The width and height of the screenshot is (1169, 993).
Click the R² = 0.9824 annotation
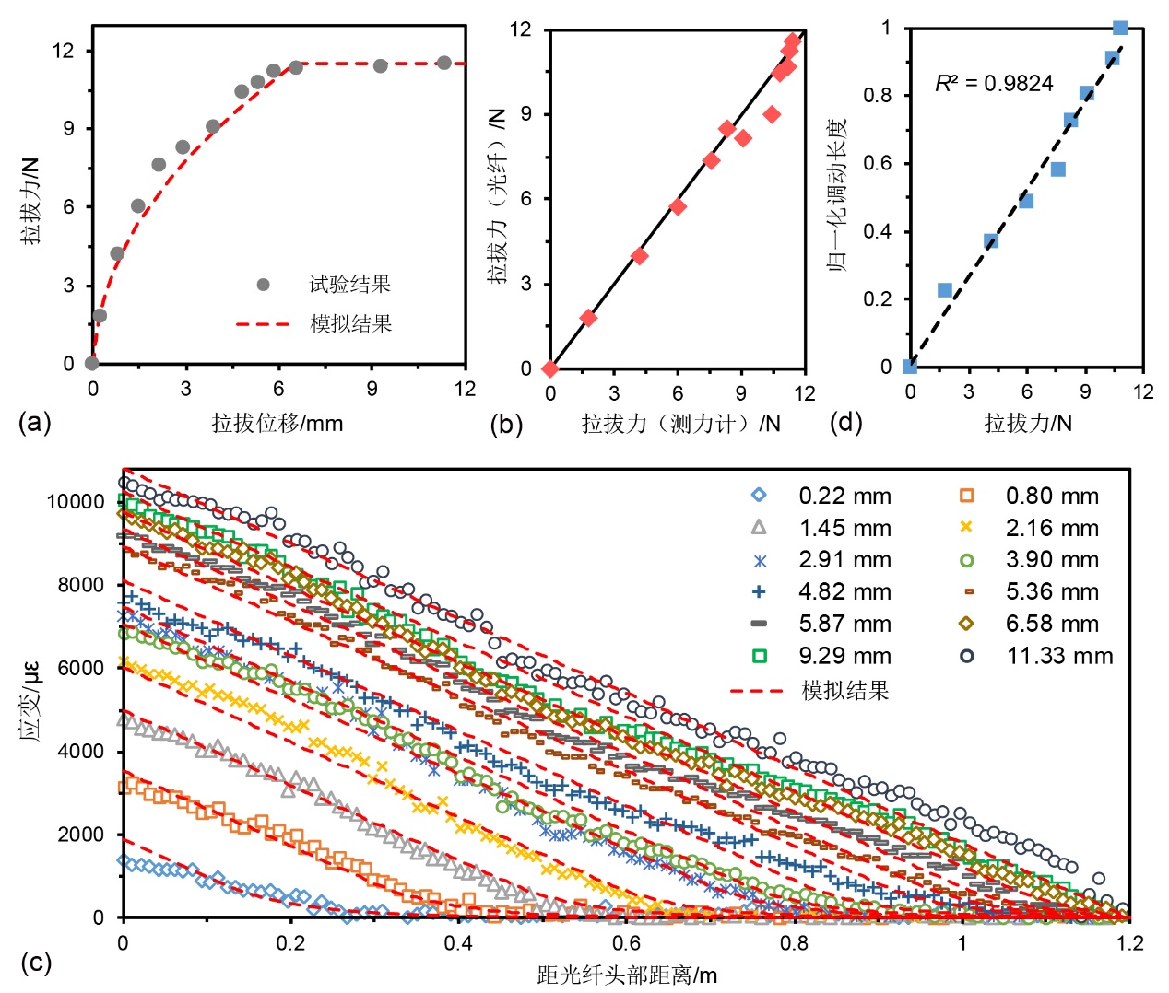pos(994,84)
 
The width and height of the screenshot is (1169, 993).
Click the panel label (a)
pos(35,423)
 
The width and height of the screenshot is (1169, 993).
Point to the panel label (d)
pos(845,423)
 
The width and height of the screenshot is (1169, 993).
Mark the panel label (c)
pos(35,963)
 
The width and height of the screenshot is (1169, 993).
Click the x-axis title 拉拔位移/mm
pos(277,423)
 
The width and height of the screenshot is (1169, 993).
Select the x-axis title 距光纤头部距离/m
pos(627,975)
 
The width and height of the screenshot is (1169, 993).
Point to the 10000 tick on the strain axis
pos(76,502)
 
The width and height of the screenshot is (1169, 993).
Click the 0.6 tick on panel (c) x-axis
pos(627,942)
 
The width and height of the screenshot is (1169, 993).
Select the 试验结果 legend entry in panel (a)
pos(349,285)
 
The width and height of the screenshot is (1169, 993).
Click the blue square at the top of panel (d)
pos(1120,28)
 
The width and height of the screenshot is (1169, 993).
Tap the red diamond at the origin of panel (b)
pos(550,368)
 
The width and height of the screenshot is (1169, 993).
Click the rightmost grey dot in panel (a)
pos(444,63)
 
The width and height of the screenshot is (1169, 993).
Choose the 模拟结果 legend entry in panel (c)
pos(844,690)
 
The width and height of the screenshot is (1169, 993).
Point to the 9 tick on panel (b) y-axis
pos(526,114)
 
